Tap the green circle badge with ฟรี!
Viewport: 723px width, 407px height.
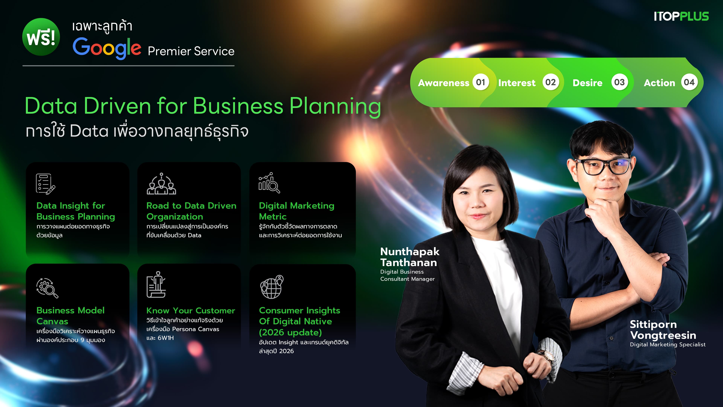point(41,37)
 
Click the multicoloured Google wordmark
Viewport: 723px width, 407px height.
point(107,48)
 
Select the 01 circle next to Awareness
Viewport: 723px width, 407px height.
point(480,82)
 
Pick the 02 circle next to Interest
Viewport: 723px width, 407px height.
point(550,82)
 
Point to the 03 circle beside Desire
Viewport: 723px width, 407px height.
point(619,82)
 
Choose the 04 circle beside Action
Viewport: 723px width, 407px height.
point(689,82)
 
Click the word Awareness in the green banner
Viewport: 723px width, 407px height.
point(443,83)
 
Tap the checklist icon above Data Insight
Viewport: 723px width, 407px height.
point(45,184)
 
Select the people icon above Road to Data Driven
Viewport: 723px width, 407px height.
point(161,184)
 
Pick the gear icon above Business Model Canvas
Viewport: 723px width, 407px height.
point(47,288)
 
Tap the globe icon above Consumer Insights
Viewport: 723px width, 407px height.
point(272,287)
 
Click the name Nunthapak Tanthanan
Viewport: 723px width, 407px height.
point(410,257)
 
